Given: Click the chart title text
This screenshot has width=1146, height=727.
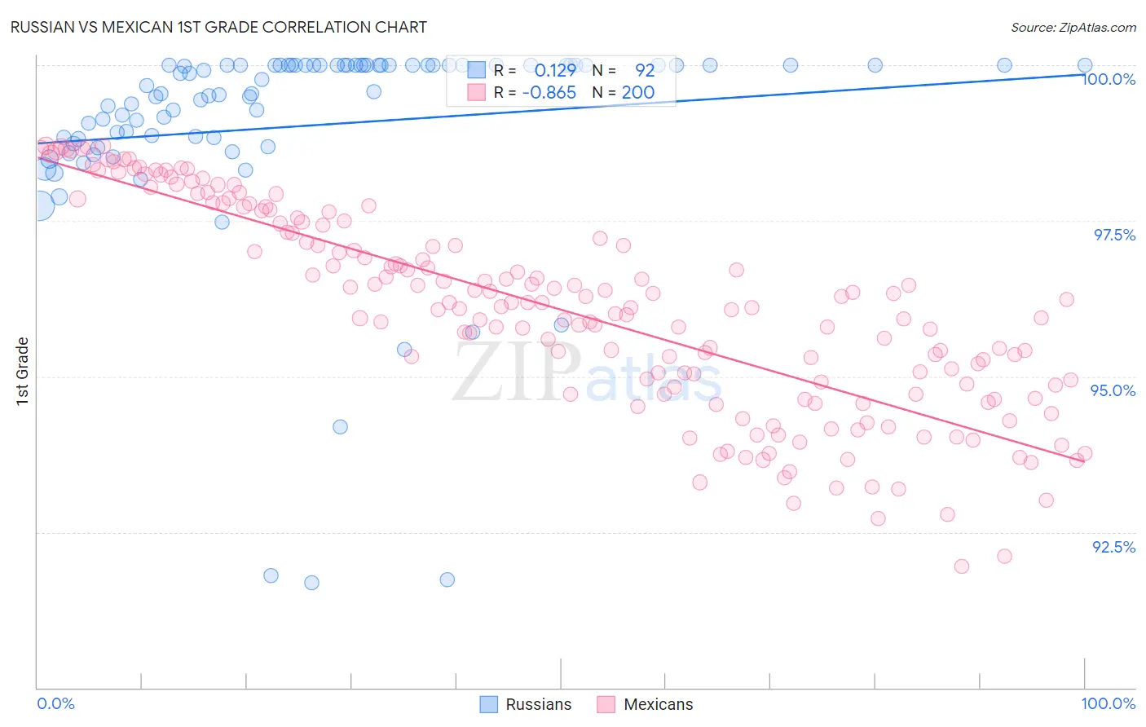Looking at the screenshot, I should tap(218, 27).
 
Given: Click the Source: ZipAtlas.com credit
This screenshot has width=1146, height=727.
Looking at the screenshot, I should tap(1073, 27).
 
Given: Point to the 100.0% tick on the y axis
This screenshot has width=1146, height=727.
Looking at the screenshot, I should tap(1109, 79).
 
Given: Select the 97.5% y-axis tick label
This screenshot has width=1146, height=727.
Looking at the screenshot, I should tap(1114, 235).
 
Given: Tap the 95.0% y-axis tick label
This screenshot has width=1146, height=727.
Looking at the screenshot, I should tap(1113, 390).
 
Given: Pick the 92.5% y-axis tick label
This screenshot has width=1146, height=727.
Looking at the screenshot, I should tap(1113, 547).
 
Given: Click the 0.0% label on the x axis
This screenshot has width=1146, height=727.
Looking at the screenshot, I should tap(56, 703).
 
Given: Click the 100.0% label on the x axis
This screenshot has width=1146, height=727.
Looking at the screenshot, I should tap(1108, 703).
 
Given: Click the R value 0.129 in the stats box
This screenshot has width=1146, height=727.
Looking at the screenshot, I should tap(555, 70).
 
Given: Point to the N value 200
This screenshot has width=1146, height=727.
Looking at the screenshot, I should tap(638, 92).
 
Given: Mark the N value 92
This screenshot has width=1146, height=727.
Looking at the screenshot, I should tap(645, 70).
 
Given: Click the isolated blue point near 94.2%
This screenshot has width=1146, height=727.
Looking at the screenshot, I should tap(340, 426).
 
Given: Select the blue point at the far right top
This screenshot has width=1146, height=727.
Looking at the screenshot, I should tap(1085, 65).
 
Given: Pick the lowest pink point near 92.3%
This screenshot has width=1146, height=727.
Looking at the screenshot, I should tap(962, 566).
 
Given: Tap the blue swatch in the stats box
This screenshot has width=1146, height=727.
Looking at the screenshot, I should tap(477, 70).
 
